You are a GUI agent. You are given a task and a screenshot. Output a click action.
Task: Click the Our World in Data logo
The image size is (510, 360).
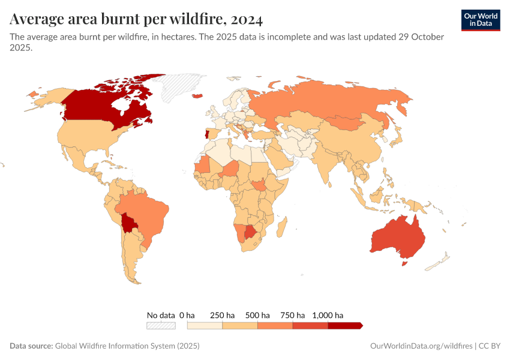click(x=481, y=20)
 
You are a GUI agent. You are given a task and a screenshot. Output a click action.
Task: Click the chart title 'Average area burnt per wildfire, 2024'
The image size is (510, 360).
click(x=136, y=20)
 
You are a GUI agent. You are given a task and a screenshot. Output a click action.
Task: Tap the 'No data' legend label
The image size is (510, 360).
click(x=161, y=315)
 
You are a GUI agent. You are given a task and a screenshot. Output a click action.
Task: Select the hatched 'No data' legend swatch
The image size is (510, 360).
click(x=161, y=325)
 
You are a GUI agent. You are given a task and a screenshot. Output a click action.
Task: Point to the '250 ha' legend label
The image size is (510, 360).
click(x=222, y=315)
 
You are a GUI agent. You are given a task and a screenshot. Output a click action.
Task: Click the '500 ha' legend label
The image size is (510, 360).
click(x=257, y=315)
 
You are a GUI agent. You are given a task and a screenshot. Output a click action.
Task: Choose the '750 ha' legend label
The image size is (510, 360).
click(x=293, y=315)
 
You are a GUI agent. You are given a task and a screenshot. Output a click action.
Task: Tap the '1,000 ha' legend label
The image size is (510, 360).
click(x=328, y=315)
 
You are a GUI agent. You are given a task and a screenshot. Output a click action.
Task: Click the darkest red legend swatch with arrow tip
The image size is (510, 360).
click(x=345, y=325)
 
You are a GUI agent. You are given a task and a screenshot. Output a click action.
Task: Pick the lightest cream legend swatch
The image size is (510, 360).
click(x=205, y=325)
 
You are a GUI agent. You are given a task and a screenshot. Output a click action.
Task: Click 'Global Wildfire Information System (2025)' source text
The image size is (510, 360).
click(x=127, y=346)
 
